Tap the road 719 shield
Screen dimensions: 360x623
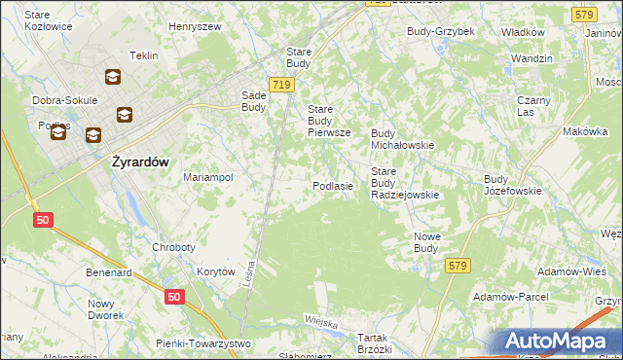(281, 86)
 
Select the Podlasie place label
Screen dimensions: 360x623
(332, 185)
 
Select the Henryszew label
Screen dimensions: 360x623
(195, 26)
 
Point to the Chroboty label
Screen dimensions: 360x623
(175, 247)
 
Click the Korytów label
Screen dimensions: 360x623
(216, 272)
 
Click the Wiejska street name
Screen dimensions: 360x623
(320, 321)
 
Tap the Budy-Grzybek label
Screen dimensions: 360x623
(441, 31)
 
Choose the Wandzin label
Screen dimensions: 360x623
(531, 58)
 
